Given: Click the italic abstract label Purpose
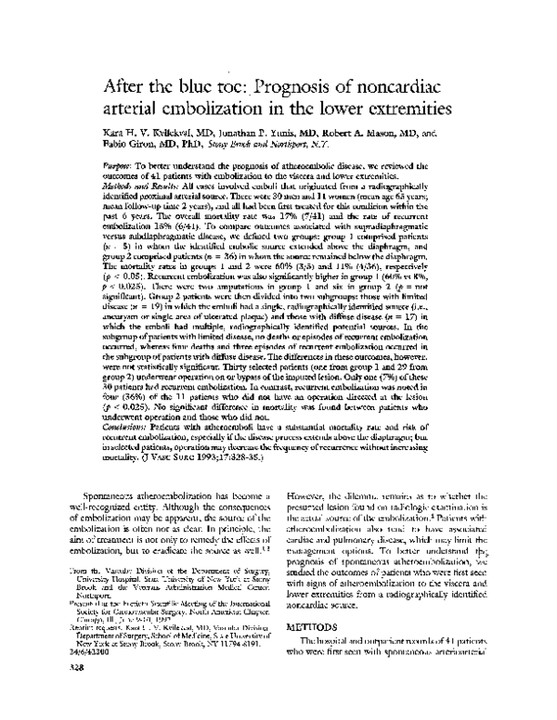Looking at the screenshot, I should (x=117, y=162).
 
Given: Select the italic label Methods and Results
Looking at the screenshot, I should (x=136, y=186).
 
